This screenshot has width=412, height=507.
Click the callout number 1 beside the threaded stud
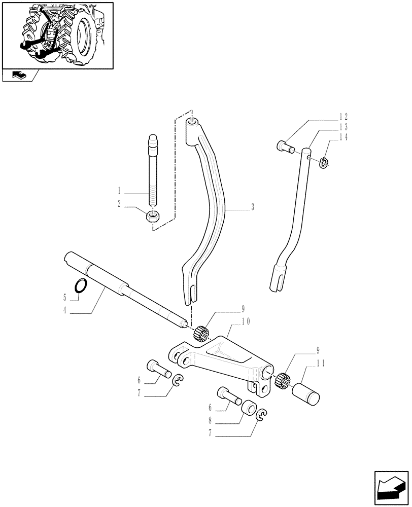pyautogui.click(x=119, y=191)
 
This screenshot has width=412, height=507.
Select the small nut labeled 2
pyautogui.click(x=152, y=216)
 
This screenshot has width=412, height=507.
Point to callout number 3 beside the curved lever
pyautogui.click(x=252, y=208)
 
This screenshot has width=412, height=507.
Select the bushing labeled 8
pyautogui.click(x=249, y=408)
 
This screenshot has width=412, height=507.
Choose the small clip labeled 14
pyautogui.click(x=324, y=162)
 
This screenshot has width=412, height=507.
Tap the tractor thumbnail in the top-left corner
pyautogui.click(x=57, y=34)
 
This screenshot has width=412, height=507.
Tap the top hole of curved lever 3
pyautogui.click(x=192, y=122)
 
